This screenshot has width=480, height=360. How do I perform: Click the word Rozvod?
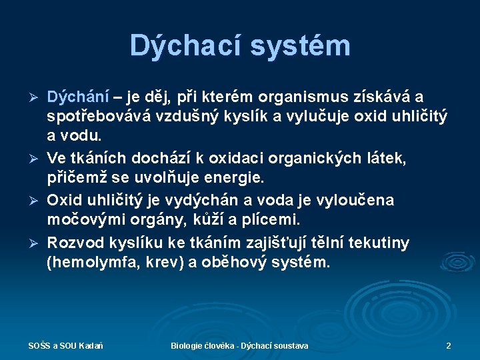[75, 242]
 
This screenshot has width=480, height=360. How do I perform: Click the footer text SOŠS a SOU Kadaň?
[65, 346]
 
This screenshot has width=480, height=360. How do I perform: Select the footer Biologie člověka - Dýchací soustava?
[239, 346]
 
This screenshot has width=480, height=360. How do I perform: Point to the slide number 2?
[449, 346]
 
